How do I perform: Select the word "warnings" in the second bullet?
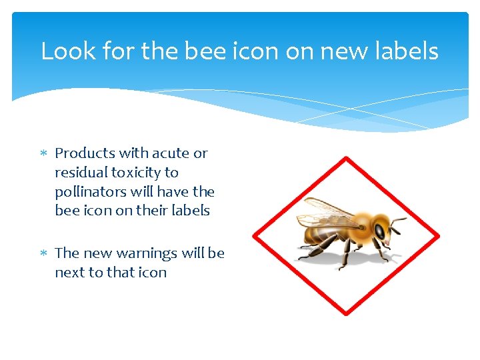click(147, 253)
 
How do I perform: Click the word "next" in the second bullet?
click(69, 273)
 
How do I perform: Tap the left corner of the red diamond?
click(254, 236)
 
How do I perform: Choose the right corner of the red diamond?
click(438, 236)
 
